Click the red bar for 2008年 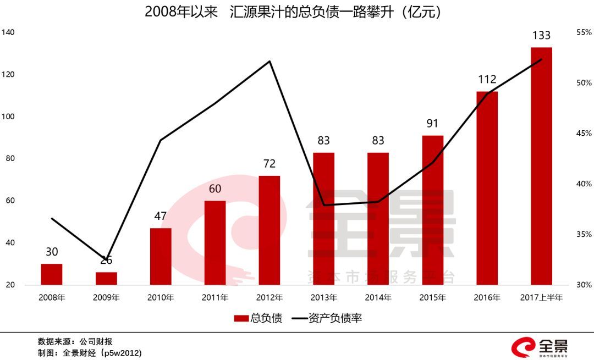[52, 274]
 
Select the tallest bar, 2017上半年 [541, 166]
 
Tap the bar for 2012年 [269, 230]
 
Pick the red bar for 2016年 [487, 188]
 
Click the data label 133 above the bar [541, 36]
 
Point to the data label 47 [160, 217]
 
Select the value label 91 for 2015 [432, 124]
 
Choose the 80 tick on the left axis [10, 159]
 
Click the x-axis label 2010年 [160, 298]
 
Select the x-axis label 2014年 [378, 298]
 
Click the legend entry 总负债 [258, 318]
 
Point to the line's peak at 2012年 [269, 61]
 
